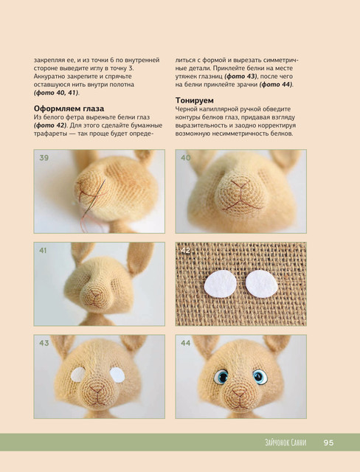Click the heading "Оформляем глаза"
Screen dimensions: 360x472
click(69, 108)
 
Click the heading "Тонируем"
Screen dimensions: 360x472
click(195, 100)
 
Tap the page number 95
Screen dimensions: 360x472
click(329, 442)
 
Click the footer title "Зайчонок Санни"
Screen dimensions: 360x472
click(285, 442)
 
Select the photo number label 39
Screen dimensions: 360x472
click(44, 158)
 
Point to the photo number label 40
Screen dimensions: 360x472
click(185, 158)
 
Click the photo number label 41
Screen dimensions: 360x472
click(43, 251)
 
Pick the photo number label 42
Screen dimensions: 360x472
click(185, 251)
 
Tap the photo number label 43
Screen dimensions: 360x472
click(44, 343)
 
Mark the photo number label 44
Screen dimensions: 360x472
click(185, 343)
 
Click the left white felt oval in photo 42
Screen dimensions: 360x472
click(221, 285)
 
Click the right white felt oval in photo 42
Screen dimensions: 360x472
click(262, 284)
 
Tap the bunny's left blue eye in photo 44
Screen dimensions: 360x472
click(221, 377)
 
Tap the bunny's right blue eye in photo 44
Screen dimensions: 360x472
click(260, 377)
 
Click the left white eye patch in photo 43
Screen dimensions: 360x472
click(78, 375)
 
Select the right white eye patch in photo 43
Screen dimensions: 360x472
click(117, 375)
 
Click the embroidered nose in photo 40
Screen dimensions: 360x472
click(240, 195)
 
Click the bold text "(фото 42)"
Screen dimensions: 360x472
click(50, 125)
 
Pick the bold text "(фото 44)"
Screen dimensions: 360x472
click(276, 85)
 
